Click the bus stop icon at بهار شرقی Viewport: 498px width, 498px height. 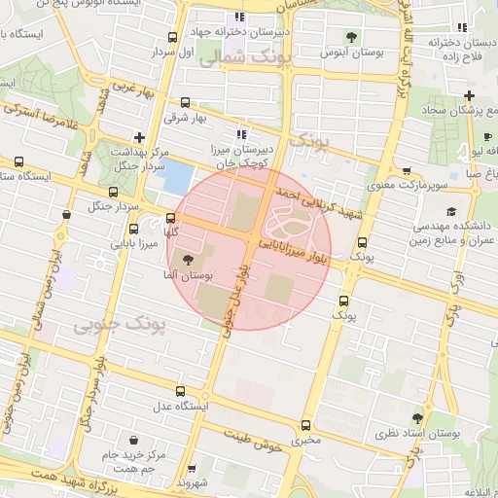point(186,102)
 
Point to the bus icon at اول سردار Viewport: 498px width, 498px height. point(172,38)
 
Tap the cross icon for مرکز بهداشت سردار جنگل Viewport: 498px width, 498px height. point(140,137)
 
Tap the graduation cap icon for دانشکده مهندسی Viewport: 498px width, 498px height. point(450,211)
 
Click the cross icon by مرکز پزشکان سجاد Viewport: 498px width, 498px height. point(470,95)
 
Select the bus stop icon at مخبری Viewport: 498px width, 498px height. point(306,425)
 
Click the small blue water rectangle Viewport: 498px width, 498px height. point(178,177)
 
